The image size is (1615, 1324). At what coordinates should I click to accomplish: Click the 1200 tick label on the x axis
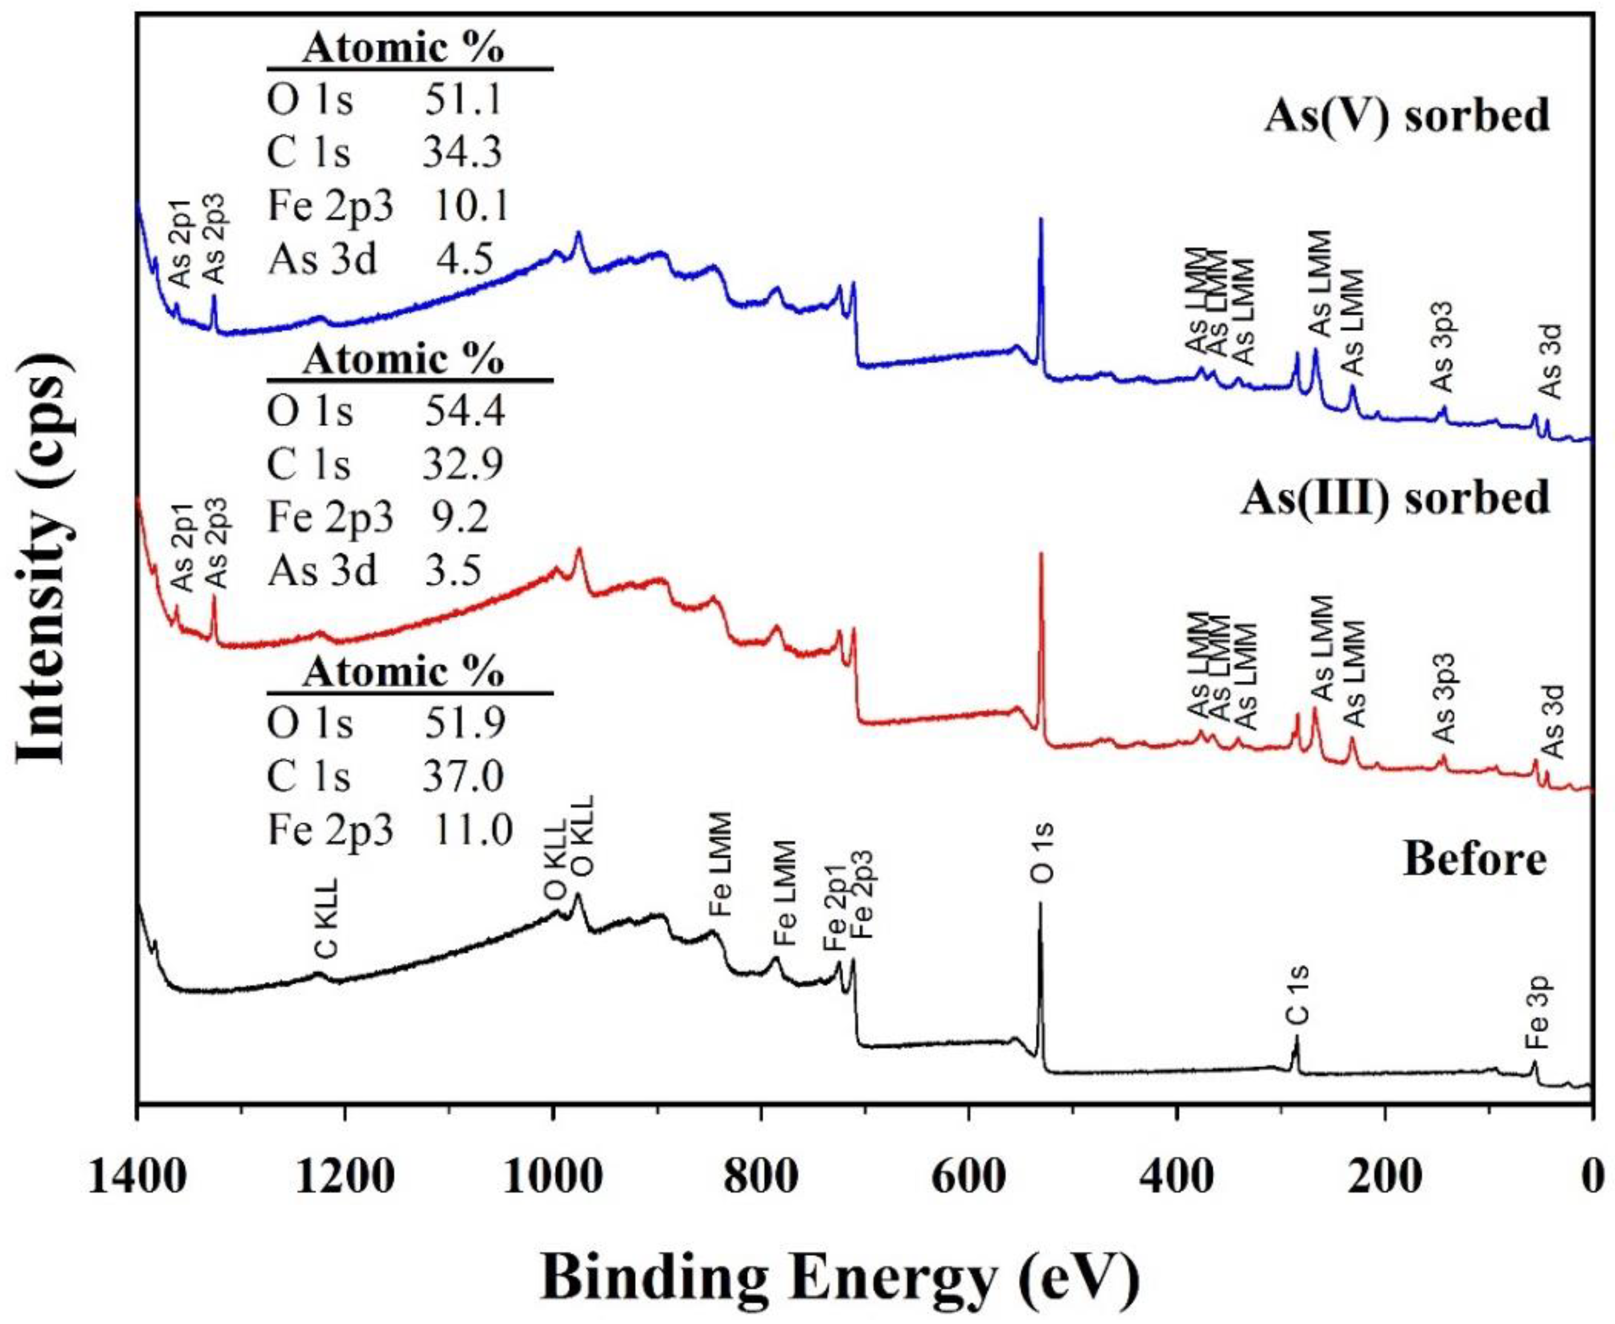click(346, 1178)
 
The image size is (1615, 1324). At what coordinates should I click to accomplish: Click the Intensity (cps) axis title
click(43, 570)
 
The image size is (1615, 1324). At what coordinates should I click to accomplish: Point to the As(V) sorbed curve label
click(1407, 117)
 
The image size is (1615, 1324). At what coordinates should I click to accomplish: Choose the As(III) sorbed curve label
click(1395, 498)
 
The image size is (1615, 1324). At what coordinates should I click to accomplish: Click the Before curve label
click(1475, 860)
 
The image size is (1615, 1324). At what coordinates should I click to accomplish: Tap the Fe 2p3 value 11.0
click(473, 830)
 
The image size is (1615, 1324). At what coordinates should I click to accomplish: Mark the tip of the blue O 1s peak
click(1041, 220)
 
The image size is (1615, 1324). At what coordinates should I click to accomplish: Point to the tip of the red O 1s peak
click(1041, 554)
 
